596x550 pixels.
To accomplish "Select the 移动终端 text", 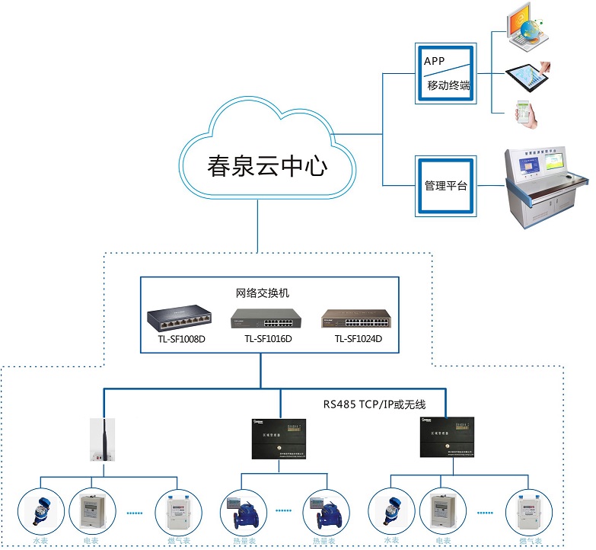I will coord(448,85).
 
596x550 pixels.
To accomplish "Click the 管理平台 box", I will coord(445,186).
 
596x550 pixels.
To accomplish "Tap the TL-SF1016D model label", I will coord(268,339).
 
